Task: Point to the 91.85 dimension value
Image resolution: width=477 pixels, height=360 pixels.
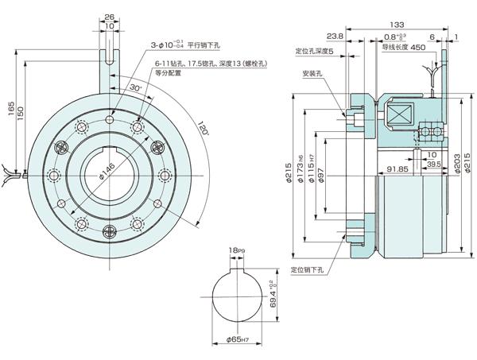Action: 397,168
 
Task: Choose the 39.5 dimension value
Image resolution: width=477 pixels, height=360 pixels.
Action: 434,164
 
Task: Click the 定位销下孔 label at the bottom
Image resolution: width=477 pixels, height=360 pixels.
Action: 308,270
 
